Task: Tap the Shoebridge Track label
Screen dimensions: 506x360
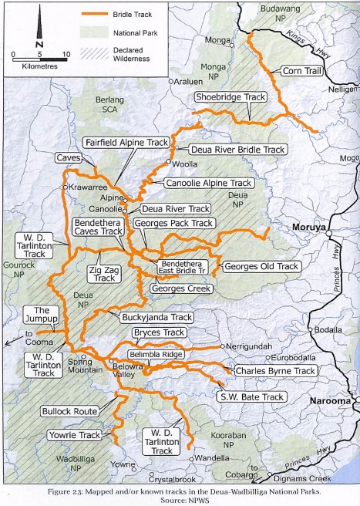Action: point(230,98)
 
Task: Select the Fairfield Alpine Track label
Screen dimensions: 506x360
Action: point(125,143)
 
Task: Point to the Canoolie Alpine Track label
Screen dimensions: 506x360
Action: point(208,184)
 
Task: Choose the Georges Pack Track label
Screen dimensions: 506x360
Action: point(173,223)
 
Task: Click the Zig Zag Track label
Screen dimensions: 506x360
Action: point(99,273)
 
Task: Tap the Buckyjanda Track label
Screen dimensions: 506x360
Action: point(156,317)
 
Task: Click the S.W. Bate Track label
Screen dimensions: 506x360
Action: point(252,396)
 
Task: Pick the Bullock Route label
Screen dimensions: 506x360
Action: point(69,412)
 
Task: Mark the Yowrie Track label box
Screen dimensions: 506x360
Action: point(78,436)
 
